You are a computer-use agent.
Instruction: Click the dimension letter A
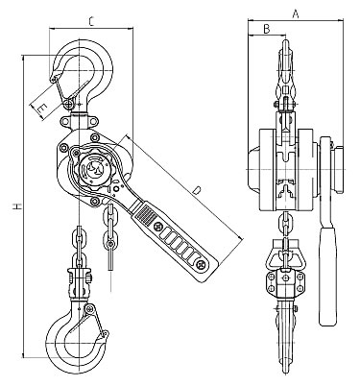[296, 13]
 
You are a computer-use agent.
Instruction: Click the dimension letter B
[266, 29]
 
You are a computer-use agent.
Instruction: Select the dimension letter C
[91, 22]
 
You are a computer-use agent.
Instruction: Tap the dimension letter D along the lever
[197, 190]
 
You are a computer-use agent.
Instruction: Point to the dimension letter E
[42, 109]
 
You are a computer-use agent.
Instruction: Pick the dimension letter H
[17, 205]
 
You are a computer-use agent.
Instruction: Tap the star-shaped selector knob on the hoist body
[93, 166]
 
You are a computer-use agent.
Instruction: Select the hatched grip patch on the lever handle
[144, 214]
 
